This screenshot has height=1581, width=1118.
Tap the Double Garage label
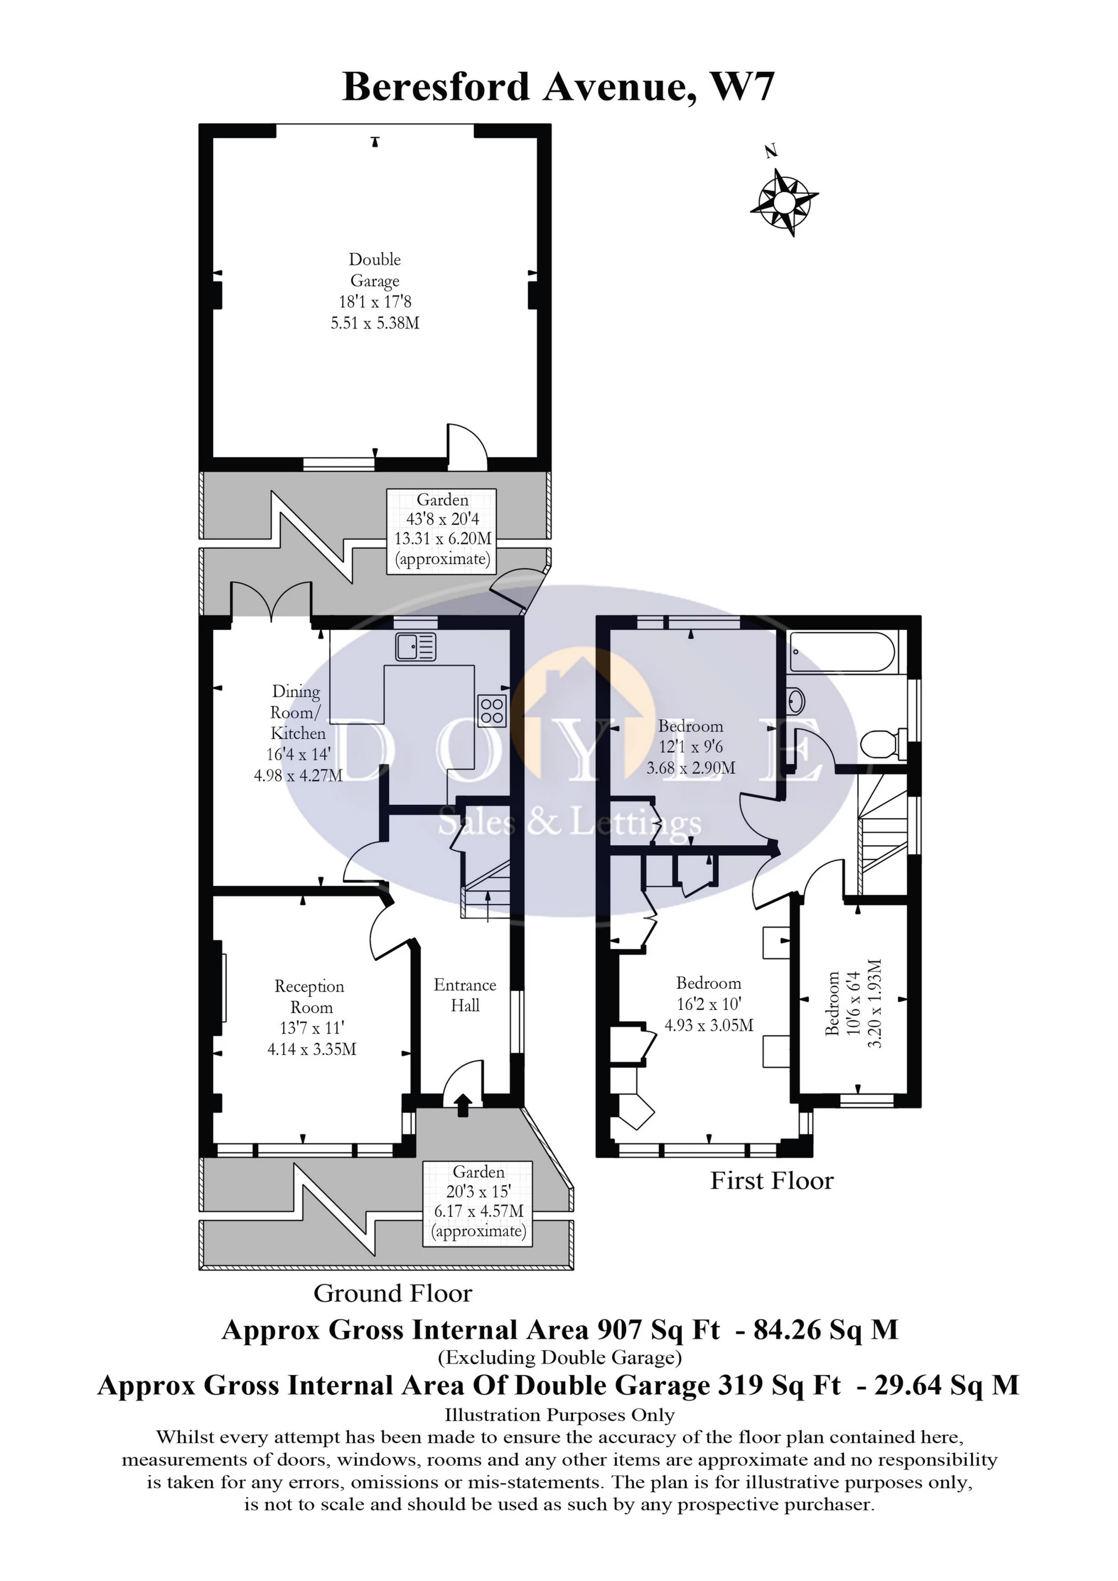click(375, 270)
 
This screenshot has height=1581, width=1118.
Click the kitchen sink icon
click(415, 646)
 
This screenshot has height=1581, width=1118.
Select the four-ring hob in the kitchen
click(492, 710)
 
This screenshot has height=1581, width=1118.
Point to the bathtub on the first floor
click(842, 651)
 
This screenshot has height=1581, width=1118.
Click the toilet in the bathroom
click(883, 744)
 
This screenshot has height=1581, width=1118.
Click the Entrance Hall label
click(465, 995)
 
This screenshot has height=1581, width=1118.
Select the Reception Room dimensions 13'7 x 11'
click(311, 1028)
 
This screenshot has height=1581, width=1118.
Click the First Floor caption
click(771, 1180)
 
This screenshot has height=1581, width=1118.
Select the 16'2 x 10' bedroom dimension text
click(708, 1004)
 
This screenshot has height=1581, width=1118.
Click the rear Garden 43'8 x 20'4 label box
click(442, 529)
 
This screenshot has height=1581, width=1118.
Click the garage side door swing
click(467, 446)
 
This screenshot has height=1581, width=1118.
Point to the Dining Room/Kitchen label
click(297, 712)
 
